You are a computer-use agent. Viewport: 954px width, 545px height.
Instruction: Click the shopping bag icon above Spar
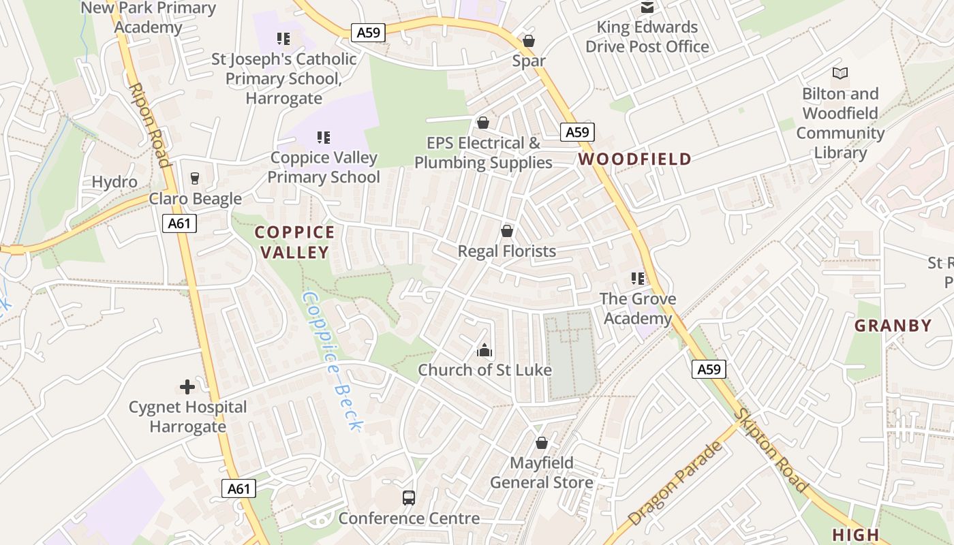pos(529,41)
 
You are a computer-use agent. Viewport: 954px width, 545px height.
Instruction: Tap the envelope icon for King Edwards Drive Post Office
pos(647,7)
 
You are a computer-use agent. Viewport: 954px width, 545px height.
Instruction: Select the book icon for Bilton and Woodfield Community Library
pos(840,73)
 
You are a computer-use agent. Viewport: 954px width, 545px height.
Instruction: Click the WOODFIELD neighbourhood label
pos(635,159)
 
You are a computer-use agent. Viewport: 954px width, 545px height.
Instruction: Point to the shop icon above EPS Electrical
pos(483,123)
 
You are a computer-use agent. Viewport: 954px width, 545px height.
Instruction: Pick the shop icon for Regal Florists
pos(507,231)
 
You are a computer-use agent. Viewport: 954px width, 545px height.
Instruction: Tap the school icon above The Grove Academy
pos(638,278)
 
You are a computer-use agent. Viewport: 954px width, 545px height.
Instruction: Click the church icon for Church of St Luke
pos(484,351)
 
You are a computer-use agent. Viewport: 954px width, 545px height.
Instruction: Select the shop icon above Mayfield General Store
pos(542,443)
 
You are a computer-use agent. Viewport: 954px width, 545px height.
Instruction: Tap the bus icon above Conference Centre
pos(409,498)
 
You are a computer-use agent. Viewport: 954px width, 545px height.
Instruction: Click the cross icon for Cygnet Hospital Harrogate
pos(187,387)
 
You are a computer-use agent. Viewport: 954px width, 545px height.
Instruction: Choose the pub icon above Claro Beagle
pos(195,178)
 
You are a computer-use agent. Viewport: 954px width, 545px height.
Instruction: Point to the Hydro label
pos(114,182)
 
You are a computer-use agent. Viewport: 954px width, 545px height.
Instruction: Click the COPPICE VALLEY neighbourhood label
pos(295,242)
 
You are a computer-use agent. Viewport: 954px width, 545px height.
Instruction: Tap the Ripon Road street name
pos(149,125)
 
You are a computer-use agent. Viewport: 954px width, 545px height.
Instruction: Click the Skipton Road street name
pos(771,450)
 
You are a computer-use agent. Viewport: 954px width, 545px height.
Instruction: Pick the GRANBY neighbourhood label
pos(893,326)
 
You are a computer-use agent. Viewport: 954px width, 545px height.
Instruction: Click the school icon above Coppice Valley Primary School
pos(324,138)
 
